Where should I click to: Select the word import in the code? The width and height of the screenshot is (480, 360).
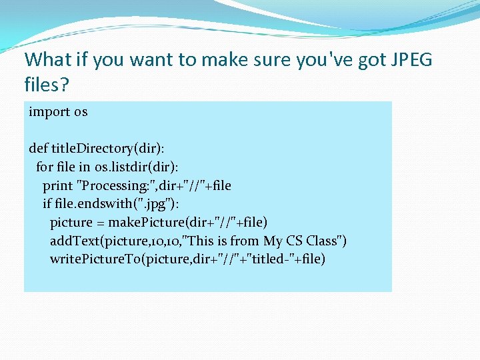(x=49, y=112)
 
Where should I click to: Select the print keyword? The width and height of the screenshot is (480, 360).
(x=57, y=185)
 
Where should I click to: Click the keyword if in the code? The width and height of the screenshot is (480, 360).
(x=47, y=203)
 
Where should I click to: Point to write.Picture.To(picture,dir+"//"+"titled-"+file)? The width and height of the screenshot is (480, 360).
(x=187, y=259)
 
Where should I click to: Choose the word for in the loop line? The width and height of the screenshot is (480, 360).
(x=44, y=167)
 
